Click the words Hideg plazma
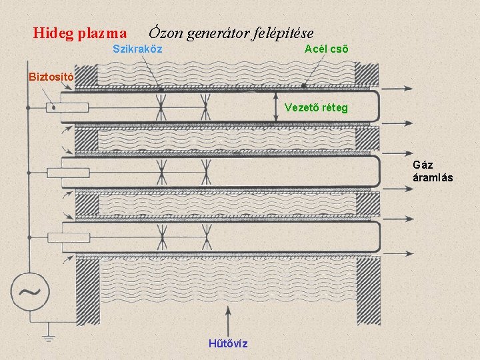80,32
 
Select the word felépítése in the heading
279,32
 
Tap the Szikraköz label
137,49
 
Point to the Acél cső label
326,49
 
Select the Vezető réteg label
316,107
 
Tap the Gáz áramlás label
433,171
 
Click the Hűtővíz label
228,343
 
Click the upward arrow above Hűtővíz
229,313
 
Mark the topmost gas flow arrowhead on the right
408,89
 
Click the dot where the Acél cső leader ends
304,86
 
